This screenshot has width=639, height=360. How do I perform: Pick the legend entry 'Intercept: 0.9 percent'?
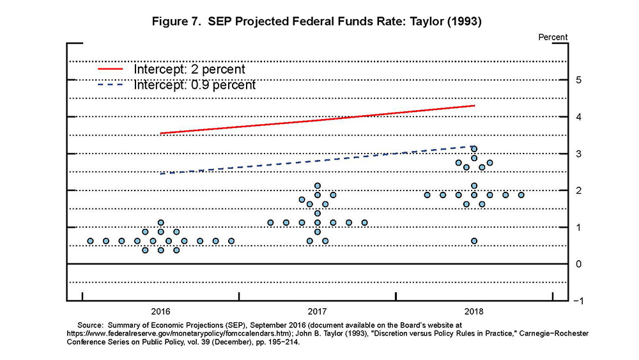(x=194, y=84)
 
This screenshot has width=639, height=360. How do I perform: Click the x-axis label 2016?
(x=160, y=311)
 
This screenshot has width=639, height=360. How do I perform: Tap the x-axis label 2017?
(x=317, y=311)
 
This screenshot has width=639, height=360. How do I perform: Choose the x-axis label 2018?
(x=473, y=311)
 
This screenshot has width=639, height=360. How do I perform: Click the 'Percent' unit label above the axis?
(x=553, y=37)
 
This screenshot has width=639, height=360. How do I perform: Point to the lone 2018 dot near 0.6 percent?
(x=474, y=241)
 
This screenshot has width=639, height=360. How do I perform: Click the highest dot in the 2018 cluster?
(x=474, y=149)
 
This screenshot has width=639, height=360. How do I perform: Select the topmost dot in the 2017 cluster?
(x=318, y=186)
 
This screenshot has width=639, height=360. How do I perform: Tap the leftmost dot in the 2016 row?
(x=90, y=241)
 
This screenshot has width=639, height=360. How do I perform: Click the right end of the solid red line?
(x=474, y=106)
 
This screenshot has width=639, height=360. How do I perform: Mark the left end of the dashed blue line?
(x=161, y=173)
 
